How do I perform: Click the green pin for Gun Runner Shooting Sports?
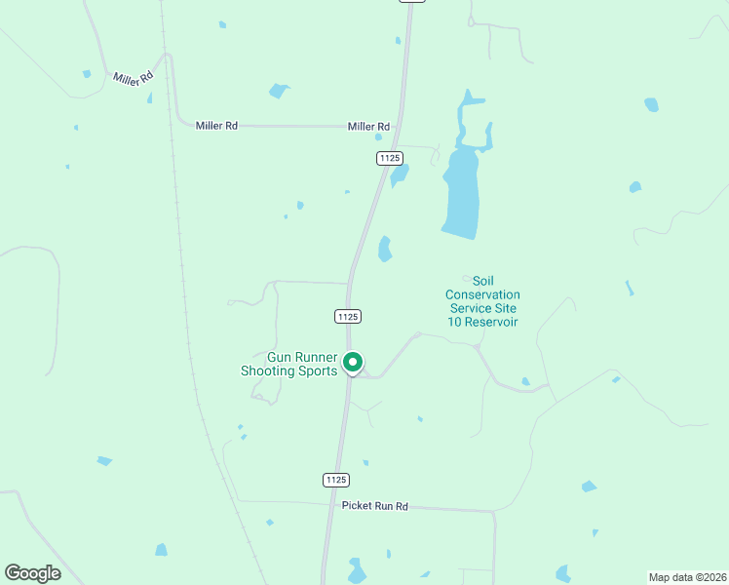(353, 363)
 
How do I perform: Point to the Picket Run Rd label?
(374, 507)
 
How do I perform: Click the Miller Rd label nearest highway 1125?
(369, 127)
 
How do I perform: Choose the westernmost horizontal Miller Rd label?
(216, 126)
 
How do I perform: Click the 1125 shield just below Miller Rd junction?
(390, 158)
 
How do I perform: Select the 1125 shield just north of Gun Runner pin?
(348, 316)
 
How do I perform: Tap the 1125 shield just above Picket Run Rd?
(335, 480)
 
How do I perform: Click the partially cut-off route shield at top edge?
(412, 1)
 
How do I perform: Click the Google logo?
(32, 573)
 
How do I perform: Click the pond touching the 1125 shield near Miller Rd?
(399, 175)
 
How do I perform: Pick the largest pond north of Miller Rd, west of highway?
(280, 91)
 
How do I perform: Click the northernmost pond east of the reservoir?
(651, 104)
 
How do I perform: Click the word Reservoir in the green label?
(492, 322)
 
